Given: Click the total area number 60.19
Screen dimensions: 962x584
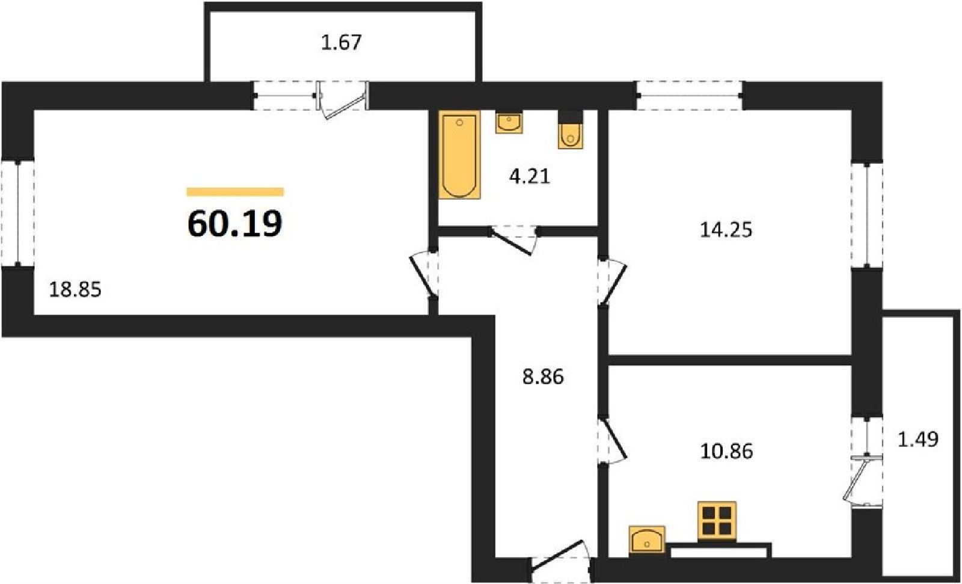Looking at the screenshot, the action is tap(235, 224).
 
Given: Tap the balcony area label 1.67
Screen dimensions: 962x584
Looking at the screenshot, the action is tap(342, 43).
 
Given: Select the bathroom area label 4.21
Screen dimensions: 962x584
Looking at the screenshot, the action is tap(530, 177).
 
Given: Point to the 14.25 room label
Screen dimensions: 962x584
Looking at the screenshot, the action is tap(726, 230).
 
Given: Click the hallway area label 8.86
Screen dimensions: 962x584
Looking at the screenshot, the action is tap(543, 377).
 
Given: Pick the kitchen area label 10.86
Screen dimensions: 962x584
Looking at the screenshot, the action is tap(727, 451).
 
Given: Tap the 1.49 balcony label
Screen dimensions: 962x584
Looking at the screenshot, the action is tap(918, 439).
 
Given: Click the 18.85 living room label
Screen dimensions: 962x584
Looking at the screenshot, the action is tap(75, 290).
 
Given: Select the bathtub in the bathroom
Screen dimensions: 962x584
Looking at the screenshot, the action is tap(459, 155).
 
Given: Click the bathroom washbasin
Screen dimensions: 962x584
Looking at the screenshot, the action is tap(509, 123).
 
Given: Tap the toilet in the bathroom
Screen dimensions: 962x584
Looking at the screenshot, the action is tap(571, 130).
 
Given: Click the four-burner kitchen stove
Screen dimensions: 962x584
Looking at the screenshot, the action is tap(717, 520).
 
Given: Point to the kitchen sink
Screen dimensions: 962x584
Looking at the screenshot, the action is tap(647, 539).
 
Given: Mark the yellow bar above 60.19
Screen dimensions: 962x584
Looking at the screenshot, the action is tap(235, 192).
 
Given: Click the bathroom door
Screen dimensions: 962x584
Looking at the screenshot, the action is tap(513, 241).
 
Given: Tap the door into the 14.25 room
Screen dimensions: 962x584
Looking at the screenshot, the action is tap(613, 281).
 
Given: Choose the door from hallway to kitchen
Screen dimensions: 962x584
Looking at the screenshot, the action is tap(613, 439).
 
